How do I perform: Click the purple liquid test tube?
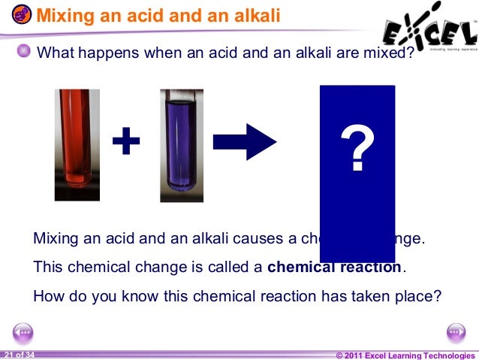pyautogui.click(x=181, y=143)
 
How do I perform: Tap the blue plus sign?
pyautogui.click(x=126, y=141)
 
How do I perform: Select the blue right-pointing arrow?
pyautogui.click(x=246, y=141)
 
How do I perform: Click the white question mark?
pyautogui.click(x=357, y=149)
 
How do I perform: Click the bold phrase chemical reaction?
pyautogui.click(x=335, y=267)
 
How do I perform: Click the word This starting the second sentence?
pyautogui.click(x=47, y=267)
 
